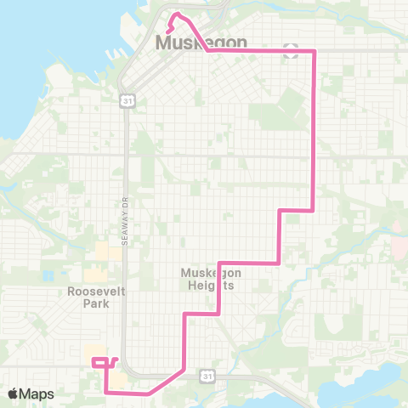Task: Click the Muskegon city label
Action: pos(201,42)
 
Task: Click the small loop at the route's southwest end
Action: pos(101,361)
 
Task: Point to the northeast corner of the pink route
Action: pos(314,51)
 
